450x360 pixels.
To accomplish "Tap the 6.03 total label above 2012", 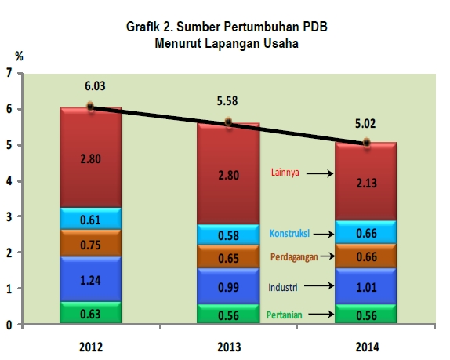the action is coord(95,85).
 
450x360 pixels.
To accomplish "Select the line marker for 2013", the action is coord(228,122).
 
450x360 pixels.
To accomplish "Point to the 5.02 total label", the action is coord(365,123).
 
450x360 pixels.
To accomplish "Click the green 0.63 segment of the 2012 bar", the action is coord(90,312).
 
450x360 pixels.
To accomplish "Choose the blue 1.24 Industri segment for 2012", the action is coord(90,279).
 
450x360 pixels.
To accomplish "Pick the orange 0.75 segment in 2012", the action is coord(90,243).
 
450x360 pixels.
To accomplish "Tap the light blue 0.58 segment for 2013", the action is coord(228,235).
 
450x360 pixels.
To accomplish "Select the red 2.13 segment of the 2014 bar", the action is coord(365,181).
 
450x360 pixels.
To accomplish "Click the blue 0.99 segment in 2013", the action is coord(228,286).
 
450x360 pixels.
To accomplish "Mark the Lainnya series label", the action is coord(285,173).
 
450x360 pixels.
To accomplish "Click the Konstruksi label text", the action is coord(289,233).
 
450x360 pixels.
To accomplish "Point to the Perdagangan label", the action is coord(294,256).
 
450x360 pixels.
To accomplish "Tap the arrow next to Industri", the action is coord(319,286).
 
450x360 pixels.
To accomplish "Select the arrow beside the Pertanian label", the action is coord(321,315).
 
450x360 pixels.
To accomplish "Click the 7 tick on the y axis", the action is coord(9,73).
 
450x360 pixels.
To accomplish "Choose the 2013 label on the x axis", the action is coord(229,347).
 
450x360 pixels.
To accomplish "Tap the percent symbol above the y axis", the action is coord(19,56).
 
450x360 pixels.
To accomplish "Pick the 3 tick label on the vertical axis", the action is coord(9,216).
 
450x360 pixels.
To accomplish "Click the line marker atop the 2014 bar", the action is coord(366,142).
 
